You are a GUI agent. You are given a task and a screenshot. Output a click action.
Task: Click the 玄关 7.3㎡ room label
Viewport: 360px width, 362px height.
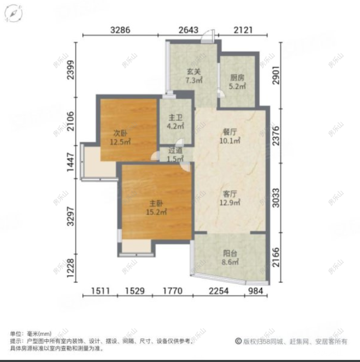[x=194, y=76]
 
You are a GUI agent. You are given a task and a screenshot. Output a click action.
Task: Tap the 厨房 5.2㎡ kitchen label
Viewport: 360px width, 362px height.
[x=237, y=82]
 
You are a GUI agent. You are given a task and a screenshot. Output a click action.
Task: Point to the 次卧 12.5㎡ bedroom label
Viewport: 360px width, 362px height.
[x=122, y=135]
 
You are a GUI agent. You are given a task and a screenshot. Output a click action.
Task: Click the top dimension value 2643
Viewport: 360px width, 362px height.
[x=188, y=29]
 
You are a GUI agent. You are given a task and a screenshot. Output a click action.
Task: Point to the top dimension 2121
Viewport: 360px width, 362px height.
[x=243, y=29]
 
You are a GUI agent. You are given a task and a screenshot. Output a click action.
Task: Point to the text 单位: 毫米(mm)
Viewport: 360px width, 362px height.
[x=32, y=334]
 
